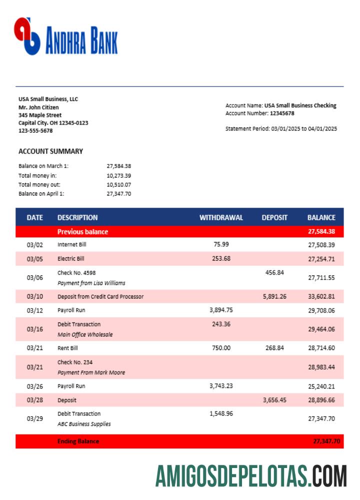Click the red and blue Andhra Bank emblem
[27, 36]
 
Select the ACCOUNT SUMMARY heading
[50, 151]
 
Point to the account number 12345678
[282, 113]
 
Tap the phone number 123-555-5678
[35, 130]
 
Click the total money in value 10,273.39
[118, 175]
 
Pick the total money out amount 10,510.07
[118, 184]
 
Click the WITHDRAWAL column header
[221, 217]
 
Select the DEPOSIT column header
[274, 217]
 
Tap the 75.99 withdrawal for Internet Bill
[221, 244]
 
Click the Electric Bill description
[71, 258]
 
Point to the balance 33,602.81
[321, 296]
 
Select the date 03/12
[35, 310]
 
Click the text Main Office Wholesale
[85, 334]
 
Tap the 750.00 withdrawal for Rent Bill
[221, 348]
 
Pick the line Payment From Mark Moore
[91, 372]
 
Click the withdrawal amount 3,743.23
[220, 385]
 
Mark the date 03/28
[35, 400]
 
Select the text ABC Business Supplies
[84, 424]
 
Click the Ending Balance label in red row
[78, 441]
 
